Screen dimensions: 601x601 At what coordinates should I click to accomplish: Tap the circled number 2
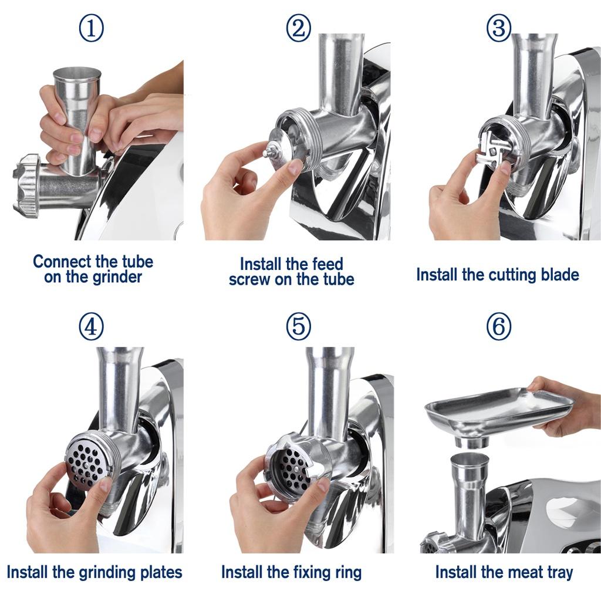[299, 28]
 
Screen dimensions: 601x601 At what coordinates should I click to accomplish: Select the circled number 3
[499, 28]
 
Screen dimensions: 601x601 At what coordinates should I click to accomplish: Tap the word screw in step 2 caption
[249, 279]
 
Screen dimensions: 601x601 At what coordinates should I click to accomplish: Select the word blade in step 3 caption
[556, 274]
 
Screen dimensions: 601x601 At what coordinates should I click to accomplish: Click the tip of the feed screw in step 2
[267, 153]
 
